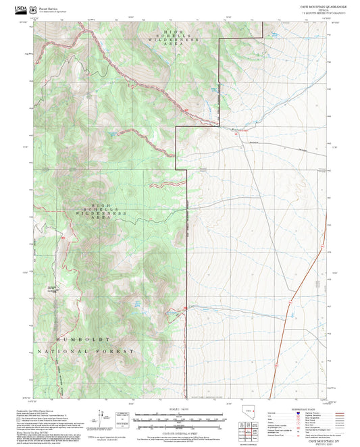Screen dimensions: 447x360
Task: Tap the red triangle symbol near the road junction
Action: (x=236, y=134)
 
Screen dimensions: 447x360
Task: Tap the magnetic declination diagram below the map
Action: (x=104, y=418)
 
